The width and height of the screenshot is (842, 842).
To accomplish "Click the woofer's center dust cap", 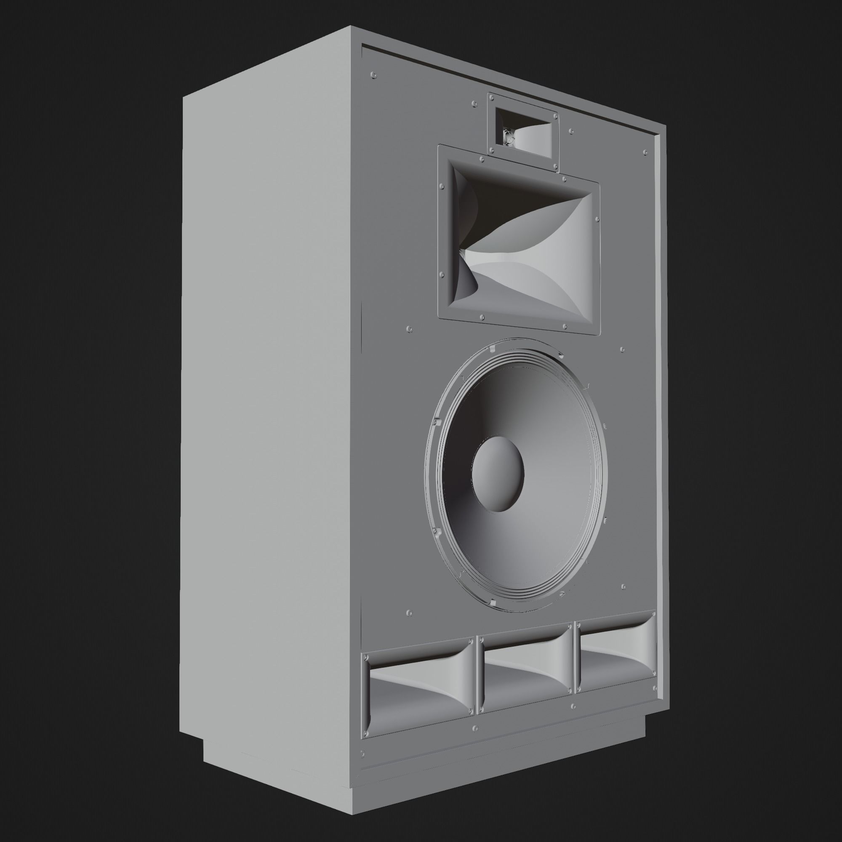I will tap(497, 474).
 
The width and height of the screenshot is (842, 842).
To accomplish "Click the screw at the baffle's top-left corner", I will tap(373, 75).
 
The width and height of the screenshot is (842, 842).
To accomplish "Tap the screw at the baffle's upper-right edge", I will tap(645, 152).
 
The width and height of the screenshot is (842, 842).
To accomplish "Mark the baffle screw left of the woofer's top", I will tap(409, 329).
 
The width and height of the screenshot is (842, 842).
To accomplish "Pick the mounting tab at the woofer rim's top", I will tap(491, 349).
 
